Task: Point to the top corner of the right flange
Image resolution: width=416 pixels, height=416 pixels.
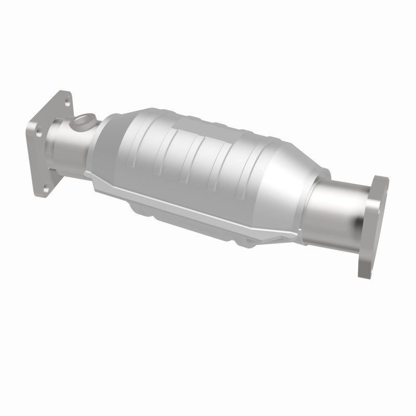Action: pyautogui.click(x=382, y=179)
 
